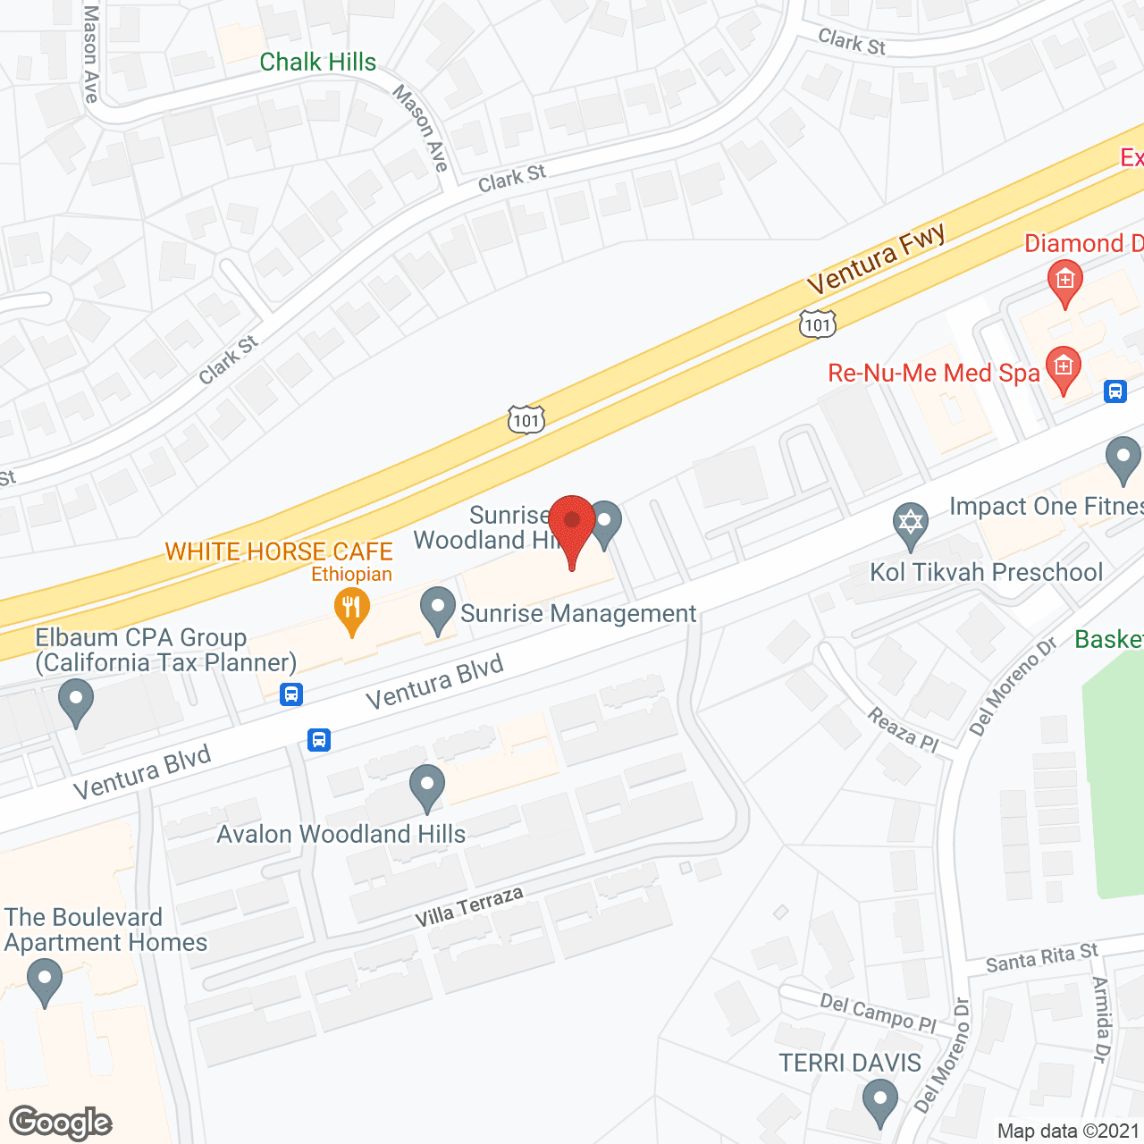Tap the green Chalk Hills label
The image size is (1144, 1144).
coord(317,62)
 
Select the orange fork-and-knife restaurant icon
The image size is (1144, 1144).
coord(352,611)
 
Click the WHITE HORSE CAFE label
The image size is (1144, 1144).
coord(279,551)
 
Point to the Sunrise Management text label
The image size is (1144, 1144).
coord(577,614)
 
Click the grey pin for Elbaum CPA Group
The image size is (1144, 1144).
coord(76,701)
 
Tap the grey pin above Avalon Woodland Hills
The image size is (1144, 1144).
coord(427,786)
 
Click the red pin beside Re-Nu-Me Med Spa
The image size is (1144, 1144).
coord(1063,368)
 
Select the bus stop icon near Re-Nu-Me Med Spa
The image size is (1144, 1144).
coord(1115,391)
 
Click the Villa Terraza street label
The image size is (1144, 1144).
coord(468,907)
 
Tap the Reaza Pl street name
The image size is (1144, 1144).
coord(903,729)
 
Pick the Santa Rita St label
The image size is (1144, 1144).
coord(1041,958)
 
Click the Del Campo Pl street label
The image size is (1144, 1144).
coord(877,1013)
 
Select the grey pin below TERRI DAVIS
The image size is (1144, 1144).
coord(880,1102)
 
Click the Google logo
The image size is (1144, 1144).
coord(61,1123)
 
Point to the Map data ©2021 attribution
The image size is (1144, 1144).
coord(1068,1131)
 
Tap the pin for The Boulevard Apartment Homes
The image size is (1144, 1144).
coord(44,980)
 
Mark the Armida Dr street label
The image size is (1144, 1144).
coord(1102,1019)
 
